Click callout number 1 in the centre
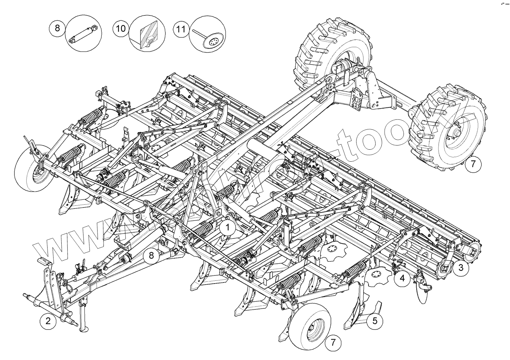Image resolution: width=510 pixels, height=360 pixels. point(228,228)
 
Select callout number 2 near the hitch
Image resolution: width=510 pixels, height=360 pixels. point(48,321)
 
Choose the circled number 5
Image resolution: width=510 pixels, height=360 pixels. point(375,321)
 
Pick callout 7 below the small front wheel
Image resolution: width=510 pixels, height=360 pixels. point(332,342)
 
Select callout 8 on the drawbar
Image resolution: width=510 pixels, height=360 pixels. point(151,255)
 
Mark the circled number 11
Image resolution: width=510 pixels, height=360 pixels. point(181,29)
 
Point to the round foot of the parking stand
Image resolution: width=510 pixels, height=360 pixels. point(84,330)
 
